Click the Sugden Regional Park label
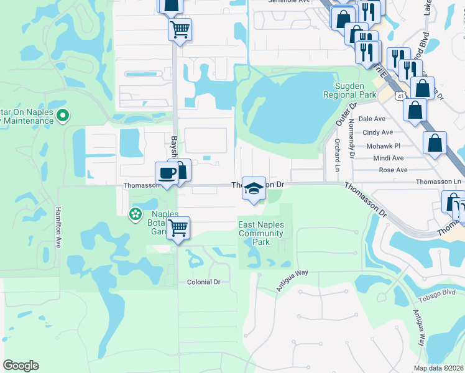349,90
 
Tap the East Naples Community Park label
261,233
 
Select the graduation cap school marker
254,188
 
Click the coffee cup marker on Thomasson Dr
167,173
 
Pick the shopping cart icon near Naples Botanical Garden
178,228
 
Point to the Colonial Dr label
204,282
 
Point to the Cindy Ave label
377,132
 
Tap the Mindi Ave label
388,158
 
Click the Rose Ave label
393,170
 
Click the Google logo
21,366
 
